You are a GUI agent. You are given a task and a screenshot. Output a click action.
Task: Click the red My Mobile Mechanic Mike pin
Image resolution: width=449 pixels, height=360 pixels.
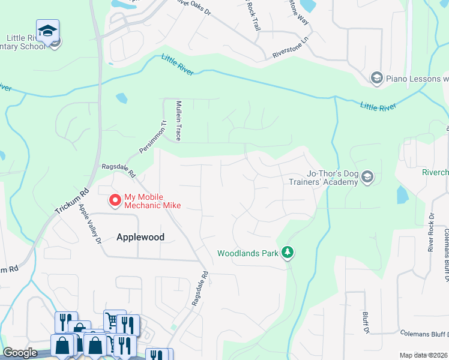coord(115,200)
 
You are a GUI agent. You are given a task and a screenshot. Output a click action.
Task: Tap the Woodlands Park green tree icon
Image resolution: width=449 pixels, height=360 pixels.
coord(288,253)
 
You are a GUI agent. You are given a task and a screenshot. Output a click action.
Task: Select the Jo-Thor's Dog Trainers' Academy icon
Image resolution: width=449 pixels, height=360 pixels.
coord(367,177)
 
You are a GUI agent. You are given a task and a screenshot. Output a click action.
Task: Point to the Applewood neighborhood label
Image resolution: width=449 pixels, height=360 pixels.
coord(140,237)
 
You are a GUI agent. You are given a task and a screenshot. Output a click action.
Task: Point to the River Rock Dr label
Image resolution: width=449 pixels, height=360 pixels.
coord(430,232)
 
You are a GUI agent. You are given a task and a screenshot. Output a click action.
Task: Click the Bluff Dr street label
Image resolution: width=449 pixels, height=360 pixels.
coord(365,322)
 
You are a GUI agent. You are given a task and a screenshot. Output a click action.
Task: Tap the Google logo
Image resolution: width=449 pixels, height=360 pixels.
coord(20,353)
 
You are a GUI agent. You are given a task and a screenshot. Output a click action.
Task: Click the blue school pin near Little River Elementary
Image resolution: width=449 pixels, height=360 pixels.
coord(47,31)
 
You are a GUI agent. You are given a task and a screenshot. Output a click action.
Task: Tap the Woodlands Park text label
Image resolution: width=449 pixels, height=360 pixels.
coord(248,253)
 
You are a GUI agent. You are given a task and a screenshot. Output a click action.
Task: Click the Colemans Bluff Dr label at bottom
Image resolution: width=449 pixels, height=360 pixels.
coord(424,333)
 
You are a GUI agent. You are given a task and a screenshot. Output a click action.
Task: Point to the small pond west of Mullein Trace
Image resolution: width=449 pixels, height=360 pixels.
coord(121,97)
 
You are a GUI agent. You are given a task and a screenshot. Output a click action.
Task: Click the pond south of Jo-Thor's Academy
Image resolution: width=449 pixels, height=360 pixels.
coord(402,195)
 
